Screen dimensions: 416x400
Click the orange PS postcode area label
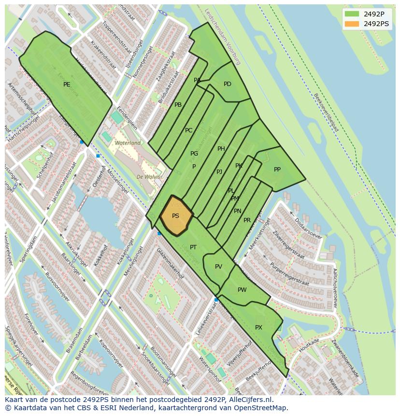coord(175,216)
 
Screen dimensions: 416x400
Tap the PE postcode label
coord(67,85)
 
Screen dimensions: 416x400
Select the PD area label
coord(228,84)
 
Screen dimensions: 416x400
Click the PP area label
coord(277,170)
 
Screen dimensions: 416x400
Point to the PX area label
coord(258,328)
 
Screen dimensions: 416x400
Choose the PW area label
coord(242,290)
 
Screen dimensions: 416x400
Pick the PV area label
coord(218,267)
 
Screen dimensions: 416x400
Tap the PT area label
coord(193,247)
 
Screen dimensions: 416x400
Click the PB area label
coord(178,105)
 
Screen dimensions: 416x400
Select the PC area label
coord(189,130)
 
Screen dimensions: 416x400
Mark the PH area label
coord(221,149)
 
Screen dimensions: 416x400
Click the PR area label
coord(247,220)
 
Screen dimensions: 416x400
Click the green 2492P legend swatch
coord(352,14)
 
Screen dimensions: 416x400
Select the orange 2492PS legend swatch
coord(352,23)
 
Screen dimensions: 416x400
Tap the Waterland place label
coord(128,143)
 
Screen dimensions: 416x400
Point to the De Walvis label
coord(149,177)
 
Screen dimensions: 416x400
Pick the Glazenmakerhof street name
coord(170,263)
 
